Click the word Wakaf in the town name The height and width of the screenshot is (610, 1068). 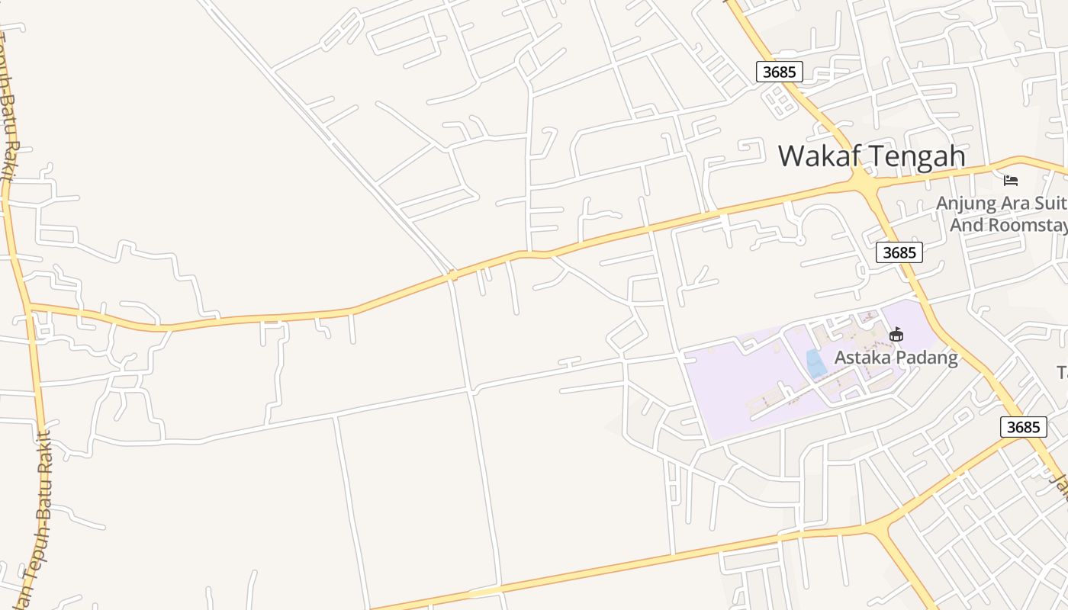click(820, 156)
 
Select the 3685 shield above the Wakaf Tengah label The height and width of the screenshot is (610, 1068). click(780, 72)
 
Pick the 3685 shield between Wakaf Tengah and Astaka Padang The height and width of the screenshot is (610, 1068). click(899, 252)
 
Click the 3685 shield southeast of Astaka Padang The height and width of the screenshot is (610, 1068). click(1023, 427)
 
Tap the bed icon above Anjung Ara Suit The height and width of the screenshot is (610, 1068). click(1011, 181)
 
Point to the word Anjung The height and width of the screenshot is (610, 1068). click(964, 204)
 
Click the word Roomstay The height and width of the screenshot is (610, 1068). click(1027, 225)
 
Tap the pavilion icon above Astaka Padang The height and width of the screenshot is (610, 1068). click(896, 334)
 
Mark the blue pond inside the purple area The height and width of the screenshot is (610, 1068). click(815, 364)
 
